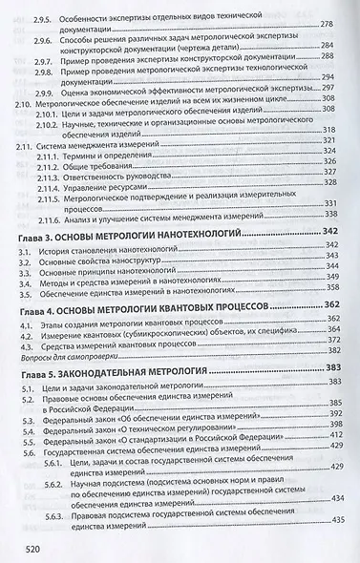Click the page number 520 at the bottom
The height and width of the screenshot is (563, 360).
pos(31,550)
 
